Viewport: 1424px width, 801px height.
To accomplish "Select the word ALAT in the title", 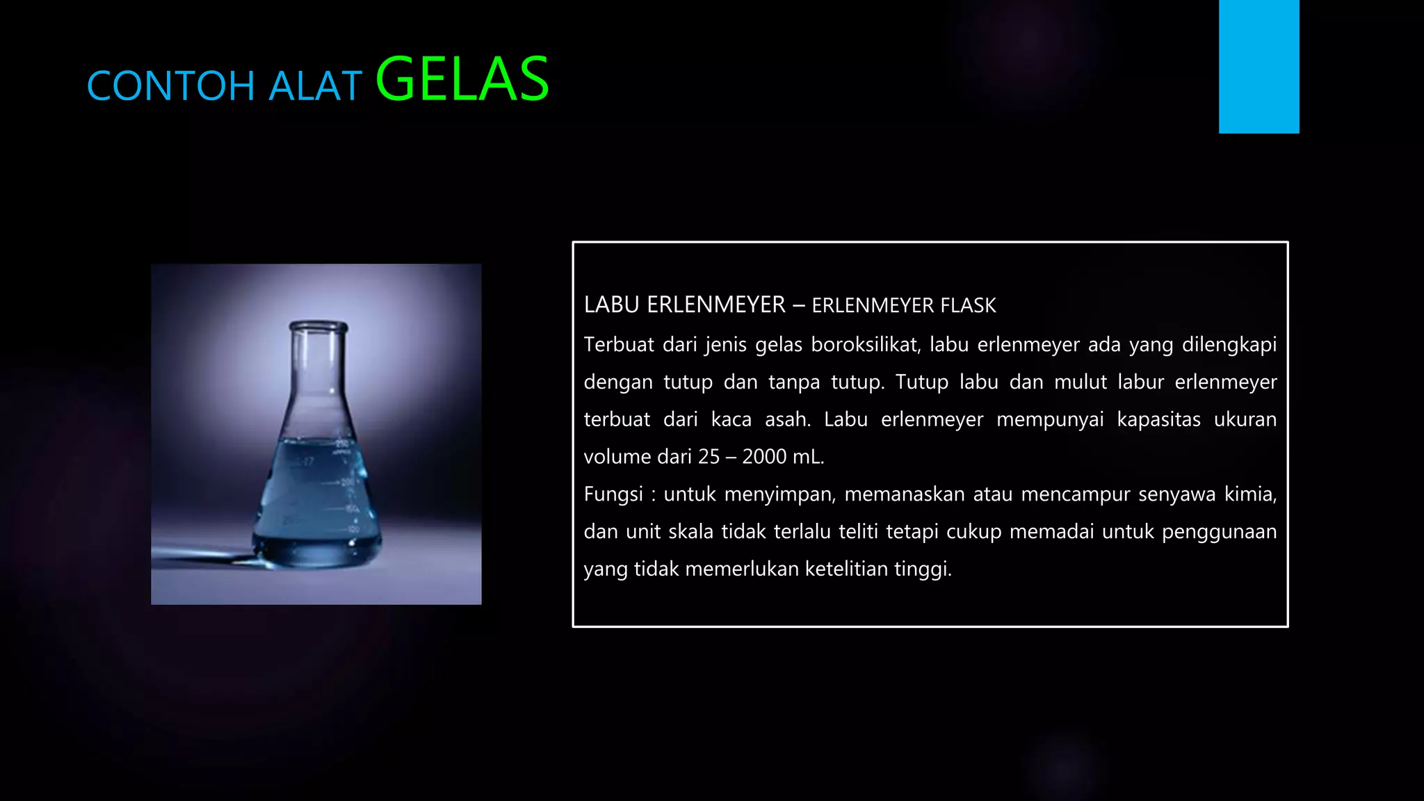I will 315,86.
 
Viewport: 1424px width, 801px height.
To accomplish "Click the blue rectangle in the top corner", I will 1259,66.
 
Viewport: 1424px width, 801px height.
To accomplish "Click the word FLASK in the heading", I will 968,305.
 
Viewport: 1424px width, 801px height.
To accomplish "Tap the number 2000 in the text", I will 764,457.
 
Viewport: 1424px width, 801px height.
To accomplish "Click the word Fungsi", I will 613,494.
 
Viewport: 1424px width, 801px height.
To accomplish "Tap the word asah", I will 787,419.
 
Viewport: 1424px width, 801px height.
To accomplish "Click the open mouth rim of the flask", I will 318,325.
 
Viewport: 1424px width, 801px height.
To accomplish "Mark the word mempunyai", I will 1050,419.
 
